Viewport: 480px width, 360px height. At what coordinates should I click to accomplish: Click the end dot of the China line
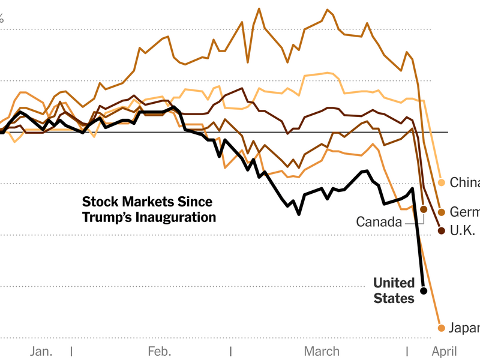click(442, 182)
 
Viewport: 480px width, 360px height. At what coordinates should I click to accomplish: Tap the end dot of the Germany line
click(442, 212)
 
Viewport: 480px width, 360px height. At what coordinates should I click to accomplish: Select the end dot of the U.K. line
click(442, 230)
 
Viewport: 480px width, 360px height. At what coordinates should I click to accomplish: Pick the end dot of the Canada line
click(424, 209)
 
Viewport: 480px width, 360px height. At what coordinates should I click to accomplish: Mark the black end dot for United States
click(424, 291)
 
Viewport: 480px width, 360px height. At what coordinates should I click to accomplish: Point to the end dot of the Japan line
click(442, 328)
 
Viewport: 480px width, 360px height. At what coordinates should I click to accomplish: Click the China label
click(464, 182)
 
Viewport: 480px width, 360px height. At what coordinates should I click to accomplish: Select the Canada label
click(379, 222)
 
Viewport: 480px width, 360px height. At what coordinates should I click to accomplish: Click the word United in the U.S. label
click(394, 283)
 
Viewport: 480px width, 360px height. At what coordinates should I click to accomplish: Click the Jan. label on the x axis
click(41, 352)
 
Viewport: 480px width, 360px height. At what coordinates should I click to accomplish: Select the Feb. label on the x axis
click(159, 352)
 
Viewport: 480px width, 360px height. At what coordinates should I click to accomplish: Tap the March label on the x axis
click(322, 352)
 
